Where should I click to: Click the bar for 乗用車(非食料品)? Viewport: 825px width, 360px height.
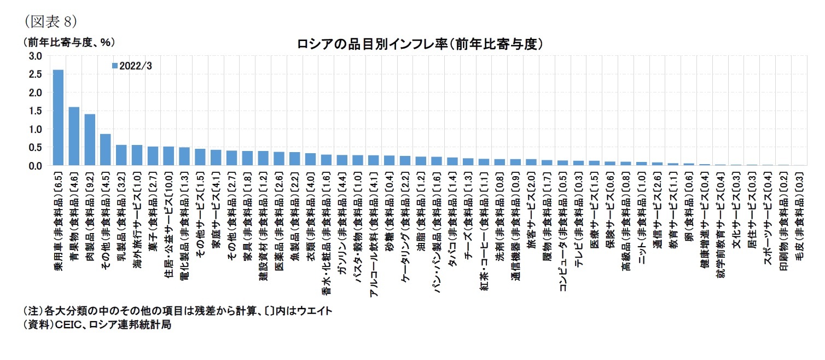58,118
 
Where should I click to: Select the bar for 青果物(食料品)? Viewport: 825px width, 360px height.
74,136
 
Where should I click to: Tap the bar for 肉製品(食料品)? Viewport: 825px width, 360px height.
90,140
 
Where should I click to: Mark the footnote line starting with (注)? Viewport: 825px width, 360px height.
177,311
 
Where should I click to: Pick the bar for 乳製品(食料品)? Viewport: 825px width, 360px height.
121,155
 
